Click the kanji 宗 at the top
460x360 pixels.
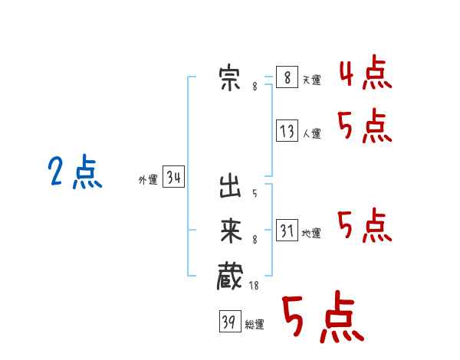pos(230,78)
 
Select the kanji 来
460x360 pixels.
pos(231,231)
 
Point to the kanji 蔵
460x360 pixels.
pos(230,277)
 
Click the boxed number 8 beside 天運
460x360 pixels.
pos(287,77)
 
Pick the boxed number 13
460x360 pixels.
pos(287,131)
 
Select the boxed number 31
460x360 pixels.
pos(287,230)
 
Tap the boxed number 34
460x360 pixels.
pos(174,176)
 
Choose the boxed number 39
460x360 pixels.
pos(230,321)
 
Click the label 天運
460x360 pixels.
pos(312,80)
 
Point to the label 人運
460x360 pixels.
pos(312,134)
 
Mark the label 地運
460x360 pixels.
pos(311,233)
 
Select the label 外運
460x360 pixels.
pos(148,179)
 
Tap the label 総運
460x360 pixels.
pos(255,324)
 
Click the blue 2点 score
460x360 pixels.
pos(75,172)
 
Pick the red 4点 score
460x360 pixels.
pos(366,72)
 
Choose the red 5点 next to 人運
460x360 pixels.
pos(365,126)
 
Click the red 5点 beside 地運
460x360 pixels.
pos(365,225)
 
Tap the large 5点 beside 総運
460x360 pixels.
pos(324,316)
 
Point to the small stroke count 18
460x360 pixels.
pos(254,285)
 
